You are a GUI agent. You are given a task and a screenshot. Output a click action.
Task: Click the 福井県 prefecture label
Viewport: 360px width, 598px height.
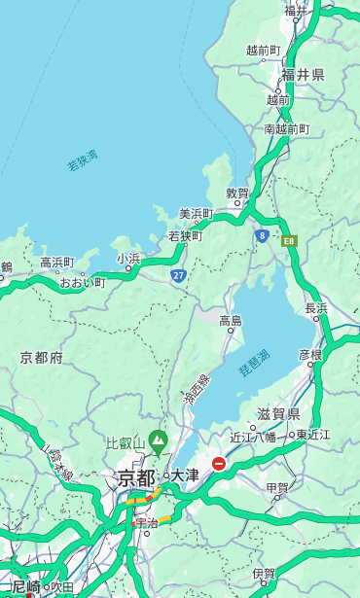tap(303, 75)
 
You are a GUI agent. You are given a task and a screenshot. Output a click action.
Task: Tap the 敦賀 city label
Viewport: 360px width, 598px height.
tap(237, 193)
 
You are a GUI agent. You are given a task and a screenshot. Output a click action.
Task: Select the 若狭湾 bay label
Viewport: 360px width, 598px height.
tap(83, 161)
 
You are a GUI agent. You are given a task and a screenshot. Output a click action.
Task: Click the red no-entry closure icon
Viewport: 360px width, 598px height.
tap(219, 465)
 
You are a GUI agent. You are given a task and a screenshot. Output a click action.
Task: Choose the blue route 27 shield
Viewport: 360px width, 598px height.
tap(178, 275)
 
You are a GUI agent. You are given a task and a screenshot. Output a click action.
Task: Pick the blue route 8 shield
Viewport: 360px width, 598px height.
tap(262, 235)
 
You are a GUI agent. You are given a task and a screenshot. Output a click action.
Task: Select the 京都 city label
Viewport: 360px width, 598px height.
tap(135, 477)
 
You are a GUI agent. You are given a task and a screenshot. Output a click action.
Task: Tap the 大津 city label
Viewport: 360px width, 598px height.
tap(185, 475)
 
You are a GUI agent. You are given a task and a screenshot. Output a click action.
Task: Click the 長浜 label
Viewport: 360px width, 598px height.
tap(317, 308)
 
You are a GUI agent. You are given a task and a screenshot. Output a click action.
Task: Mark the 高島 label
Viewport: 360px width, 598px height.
tap(231, 321)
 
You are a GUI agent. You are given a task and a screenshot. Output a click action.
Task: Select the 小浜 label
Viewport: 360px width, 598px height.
tap(128, 259)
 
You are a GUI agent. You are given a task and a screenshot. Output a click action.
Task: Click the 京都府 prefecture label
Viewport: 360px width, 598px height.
tap(42, 358)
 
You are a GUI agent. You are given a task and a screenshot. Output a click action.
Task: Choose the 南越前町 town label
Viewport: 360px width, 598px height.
tap(286, 128)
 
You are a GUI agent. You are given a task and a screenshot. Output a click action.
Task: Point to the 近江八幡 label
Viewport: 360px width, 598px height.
tap(252, 437)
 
